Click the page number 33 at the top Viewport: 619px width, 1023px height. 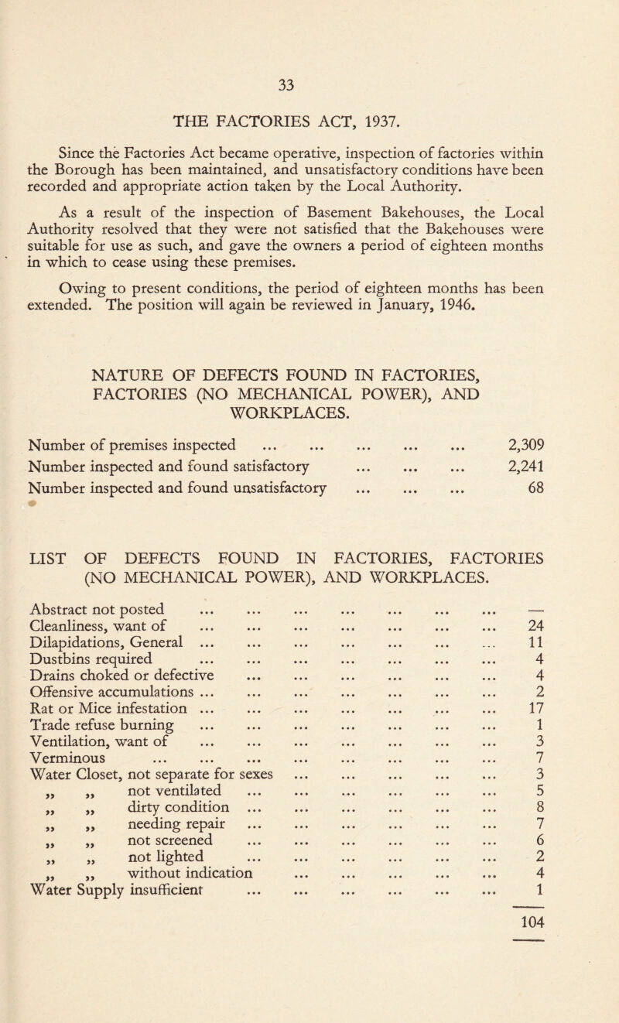pos(309,22)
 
